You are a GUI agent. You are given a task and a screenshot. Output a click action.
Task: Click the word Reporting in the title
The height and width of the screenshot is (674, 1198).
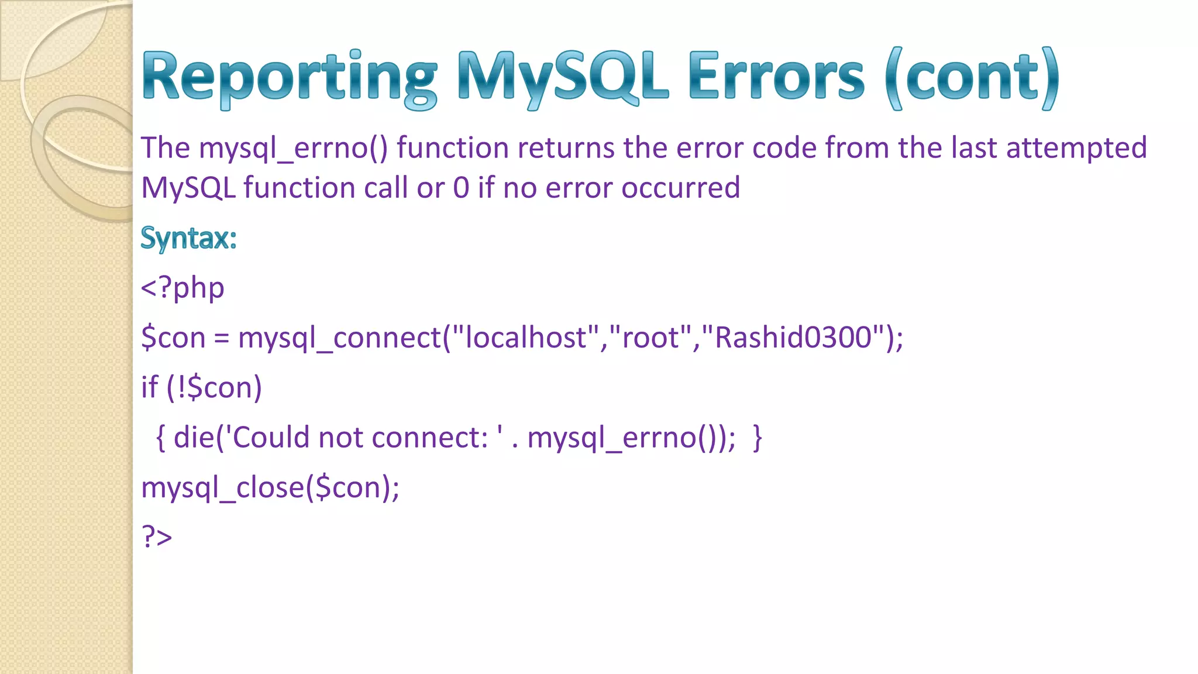pos(289,78)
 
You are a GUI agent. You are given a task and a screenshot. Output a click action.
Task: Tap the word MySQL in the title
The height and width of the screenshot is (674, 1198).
pos(563,78)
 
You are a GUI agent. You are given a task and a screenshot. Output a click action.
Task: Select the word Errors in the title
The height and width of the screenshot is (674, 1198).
pos(776,78)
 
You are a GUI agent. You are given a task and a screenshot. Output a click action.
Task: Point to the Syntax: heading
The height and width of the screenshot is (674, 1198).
pos(188,239)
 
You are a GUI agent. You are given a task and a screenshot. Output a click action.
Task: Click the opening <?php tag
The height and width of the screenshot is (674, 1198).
pos(183,288)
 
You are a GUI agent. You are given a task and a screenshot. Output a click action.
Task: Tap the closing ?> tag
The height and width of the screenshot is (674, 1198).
pos(157,537)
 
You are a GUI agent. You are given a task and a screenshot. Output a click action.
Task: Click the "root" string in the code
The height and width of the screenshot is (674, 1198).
pos(650,338)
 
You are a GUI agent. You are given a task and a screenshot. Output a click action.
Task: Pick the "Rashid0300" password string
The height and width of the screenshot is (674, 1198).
pos(793,338)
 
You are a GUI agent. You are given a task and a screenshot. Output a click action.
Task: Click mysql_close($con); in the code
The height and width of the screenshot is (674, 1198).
pos(270,487)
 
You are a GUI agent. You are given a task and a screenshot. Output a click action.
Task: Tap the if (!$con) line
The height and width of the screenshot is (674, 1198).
pos(201,387)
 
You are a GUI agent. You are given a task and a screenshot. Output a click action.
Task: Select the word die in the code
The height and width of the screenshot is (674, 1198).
pos(194,437)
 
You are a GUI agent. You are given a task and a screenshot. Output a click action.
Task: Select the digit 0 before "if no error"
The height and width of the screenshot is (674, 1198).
pos(461,188)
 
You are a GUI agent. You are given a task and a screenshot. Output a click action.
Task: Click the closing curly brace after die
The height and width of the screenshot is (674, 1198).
pos(758,438)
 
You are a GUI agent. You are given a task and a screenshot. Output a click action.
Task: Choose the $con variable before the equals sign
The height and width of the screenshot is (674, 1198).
pos(173,338)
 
